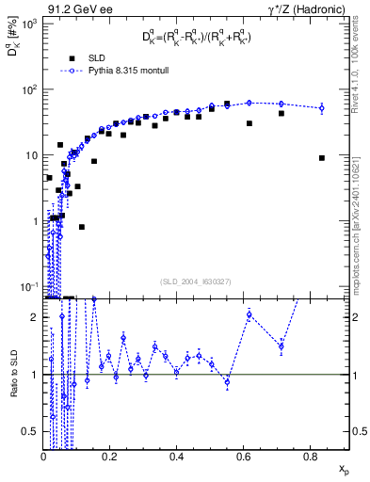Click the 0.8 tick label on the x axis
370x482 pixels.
pyautogui.click(x=309, y=456)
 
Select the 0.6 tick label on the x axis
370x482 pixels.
pyautogui.click(x=243, y=456)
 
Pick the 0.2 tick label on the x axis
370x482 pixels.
pyautogui.click(x=110, y=456)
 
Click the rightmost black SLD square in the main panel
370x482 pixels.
pyautogui.click(x=322, y=158)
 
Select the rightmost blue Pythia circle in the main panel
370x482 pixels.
pyautogui.click(x=321, y=108)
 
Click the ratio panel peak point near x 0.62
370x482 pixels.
pyautogui.click(x=249, y=314)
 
